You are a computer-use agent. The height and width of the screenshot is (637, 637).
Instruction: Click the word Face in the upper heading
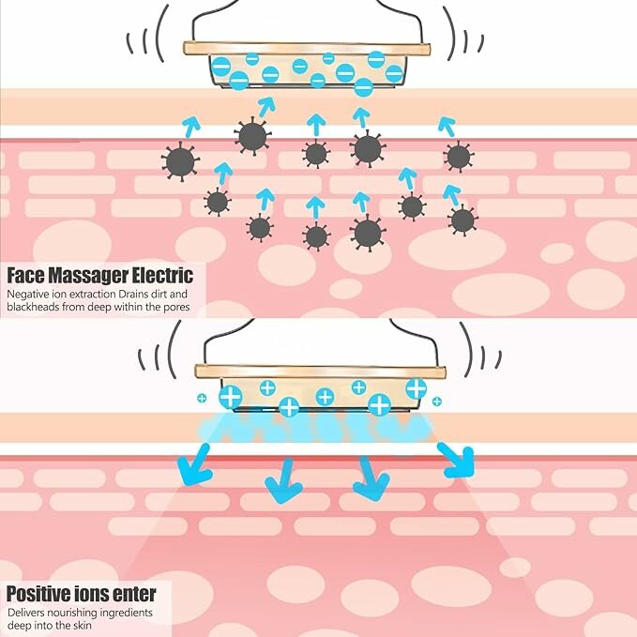pyautogui.click(x=26, y=276)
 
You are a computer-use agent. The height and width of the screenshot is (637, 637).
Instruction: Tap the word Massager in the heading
pyautogui.click(x=91, y=276)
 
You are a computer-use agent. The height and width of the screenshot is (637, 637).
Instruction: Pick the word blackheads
pyautogui.click(x=31, y=308)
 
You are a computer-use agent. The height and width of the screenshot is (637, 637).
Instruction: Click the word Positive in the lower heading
pyautogui.click(x=38, y=595)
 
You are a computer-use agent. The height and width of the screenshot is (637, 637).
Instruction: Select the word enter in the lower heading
pyautogui.click(x=133, y=595)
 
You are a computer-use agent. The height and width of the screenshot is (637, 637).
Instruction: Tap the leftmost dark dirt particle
pyautogui.click(x=179, y=161)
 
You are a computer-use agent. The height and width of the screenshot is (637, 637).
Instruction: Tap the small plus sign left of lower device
pyautogui.click(x=201, y=399)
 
